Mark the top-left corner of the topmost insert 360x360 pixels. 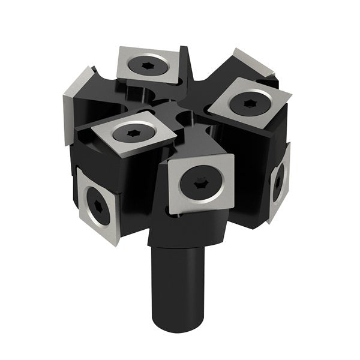pyautogui.click(x=119, y=50)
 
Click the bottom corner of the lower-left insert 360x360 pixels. pyautogui.click(x=108, y=226)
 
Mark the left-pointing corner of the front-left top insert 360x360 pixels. pyautogui.click(x=77, y=128)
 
